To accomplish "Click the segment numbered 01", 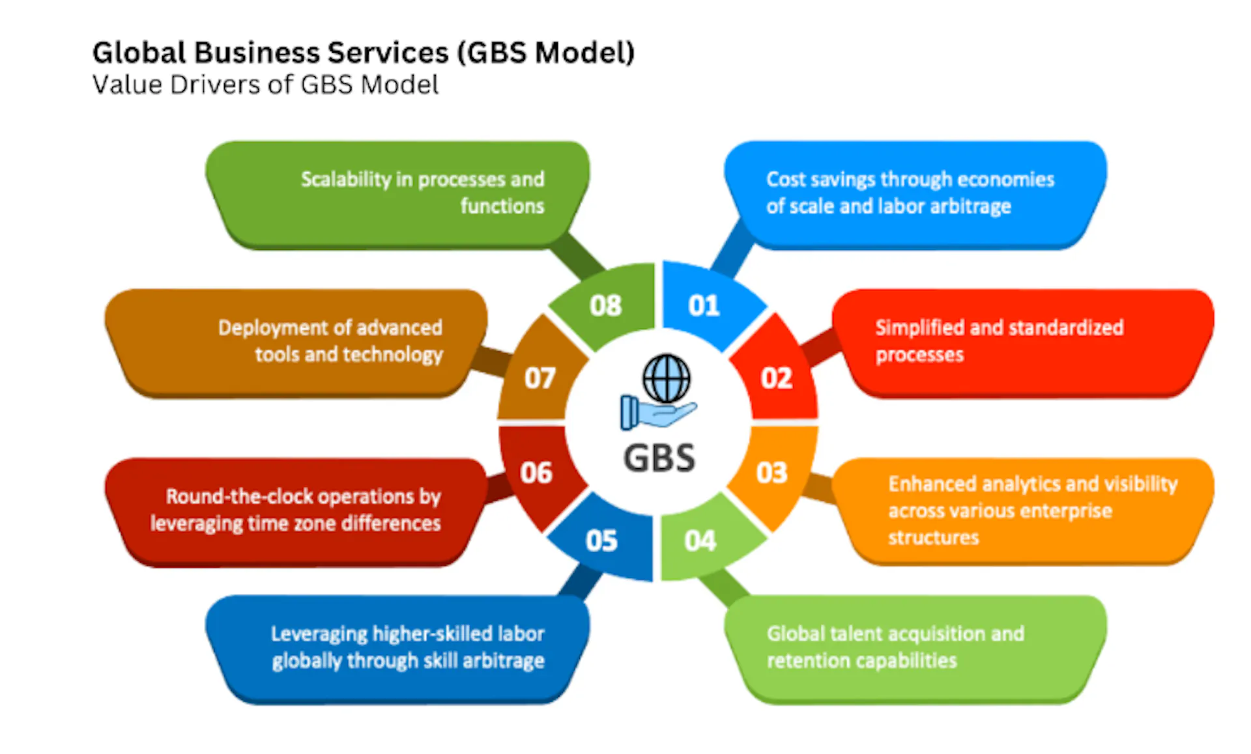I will tap(704, 305).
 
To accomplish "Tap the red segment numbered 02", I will tap(775, 378).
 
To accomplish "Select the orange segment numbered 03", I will tap(772, 473).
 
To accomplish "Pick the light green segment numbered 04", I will tap(700, 540).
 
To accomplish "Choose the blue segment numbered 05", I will tap(601, 540).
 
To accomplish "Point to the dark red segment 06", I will tap(536, 473).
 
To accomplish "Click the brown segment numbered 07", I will tap(539, 378).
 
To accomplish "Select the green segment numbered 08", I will tap(606, 305).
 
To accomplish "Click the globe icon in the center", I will tap(666, 378).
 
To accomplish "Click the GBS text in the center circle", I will tap(659, 458).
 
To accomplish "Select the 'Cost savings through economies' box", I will tap(912, 193).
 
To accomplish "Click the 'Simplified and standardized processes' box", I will tap(1016, 341).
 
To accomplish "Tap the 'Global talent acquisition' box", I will tap(912, 647).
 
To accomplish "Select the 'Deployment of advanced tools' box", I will tap(300, 341).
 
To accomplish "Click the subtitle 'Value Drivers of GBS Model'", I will tap(265, 85).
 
